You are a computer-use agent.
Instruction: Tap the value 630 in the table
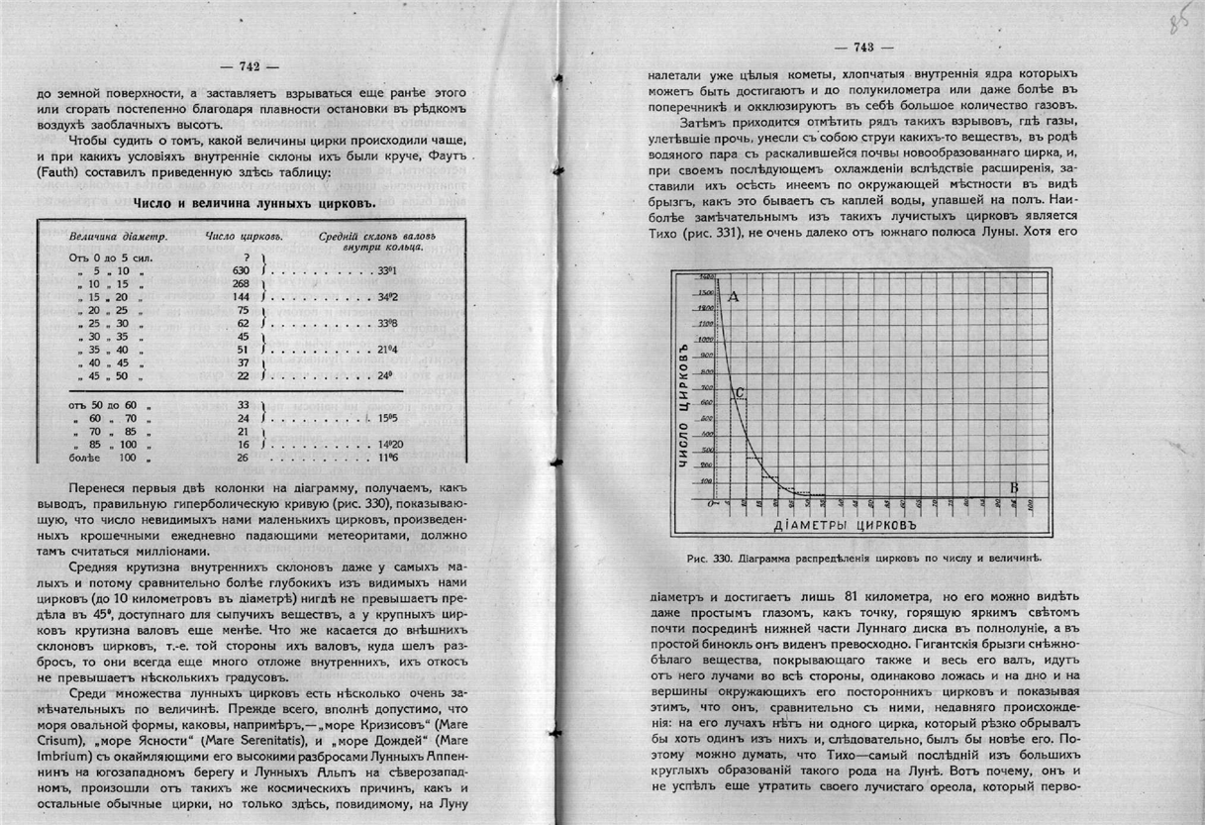click(x=241, y=270)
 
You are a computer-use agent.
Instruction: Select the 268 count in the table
click(x=241, y=283)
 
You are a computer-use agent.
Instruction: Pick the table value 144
click(x=241, y=297)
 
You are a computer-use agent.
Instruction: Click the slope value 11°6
click(x=387, y=460)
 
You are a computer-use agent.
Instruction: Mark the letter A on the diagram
click(x=734, y=295)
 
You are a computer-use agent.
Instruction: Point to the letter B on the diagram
click(x=1013, y=487)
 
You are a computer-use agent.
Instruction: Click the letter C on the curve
click(x=741, y=392)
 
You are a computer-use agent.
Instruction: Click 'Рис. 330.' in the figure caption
click(x=707, y=558)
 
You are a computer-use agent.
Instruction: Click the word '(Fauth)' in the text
click(x=59, y=175)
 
